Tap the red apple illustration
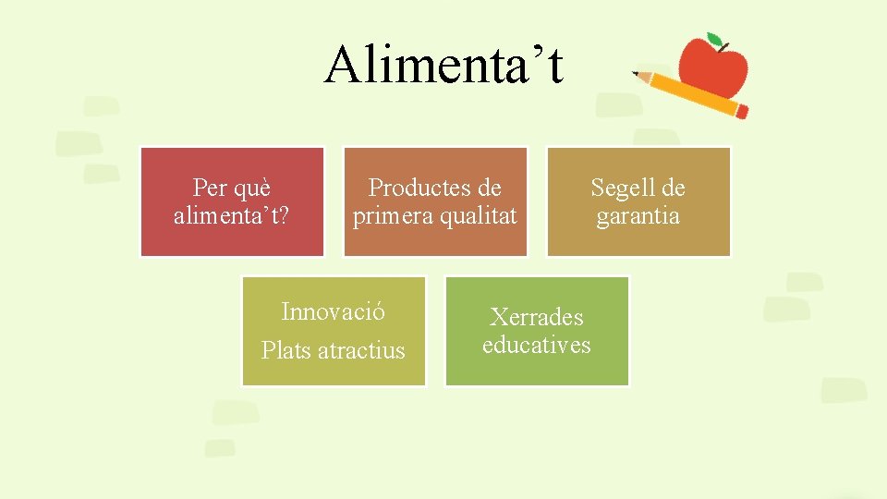[712, 67]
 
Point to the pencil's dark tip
[636, 73]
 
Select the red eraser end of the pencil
[742, 111]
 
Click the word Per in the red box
[210, 188]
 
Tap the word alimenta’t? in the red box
[231, 216]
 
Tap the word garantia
[638, 216]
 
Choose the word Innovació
[333, 311]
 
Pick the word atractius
[361, 351]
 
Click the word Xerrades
[536, 317]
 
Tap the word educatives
[536, 345]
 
